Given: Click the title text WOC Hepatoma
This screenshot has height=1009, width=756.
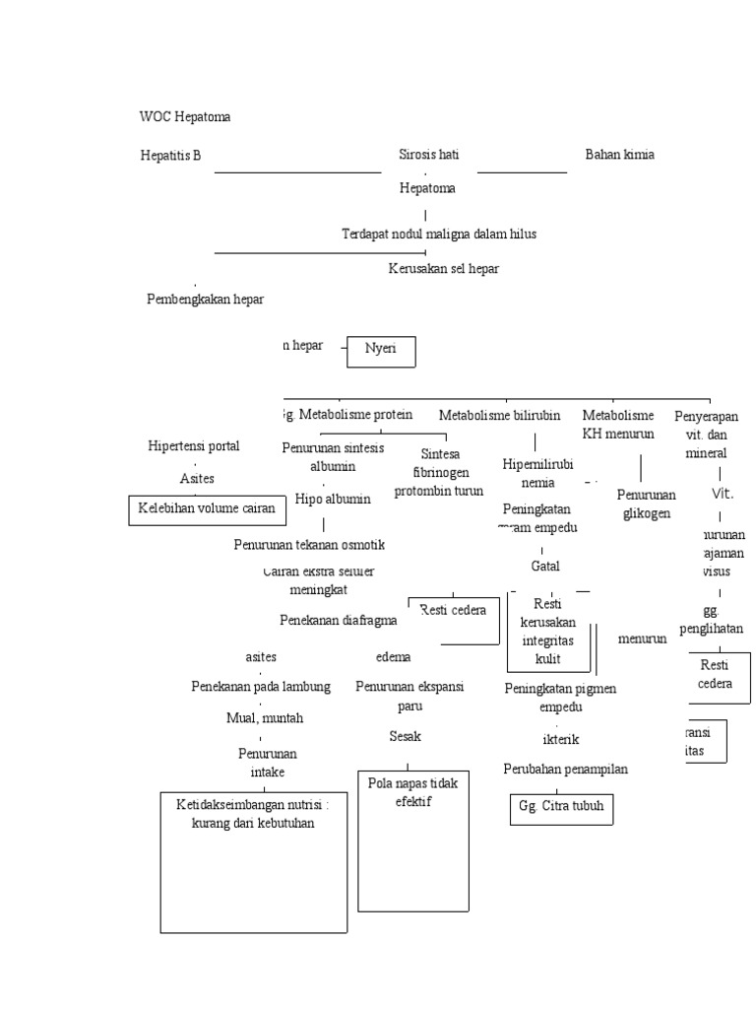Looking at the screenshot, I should point(185,117).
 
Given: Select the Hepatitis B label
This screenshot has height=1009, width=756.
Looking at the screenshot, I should point(170,155).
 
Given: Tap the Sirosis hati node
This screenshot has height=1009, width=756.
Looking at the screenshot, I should point(428,155).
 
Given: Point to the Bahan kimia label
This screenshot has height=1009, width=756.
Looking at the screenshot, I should point(619,155).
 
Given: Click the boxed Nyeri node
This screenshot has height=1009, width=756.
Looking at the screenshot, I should point(381,350).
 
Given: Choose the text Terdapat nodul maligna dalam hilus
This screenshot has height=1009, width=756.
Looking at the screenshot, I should point(438,235).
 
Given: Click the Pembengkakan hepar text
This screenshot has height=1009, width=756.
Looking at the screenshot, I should point(205,300).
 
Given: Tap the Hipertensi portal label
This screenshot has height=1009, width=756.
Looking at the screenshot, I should point(193,446).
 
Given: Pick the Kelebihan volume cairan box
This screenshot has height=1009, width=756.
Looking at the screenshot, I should point(207,510).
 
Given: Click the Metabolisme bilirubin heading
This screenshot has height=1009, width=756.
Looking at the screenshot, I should point(499,416).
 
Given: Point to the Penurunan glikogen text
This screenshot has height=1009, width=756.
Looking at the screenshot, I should point(646,504).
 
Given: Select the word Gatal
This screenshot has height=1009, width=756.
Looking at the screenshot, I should point(544,567).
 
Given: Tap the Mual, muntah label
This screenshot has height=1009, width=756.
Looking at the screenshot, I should point(265,717).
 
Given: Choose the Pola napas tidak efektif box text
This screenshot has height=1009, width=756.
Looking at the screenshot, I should point(408,791).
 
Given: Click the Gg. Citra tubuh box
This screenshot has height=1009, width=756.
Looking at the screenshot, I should point(561,808).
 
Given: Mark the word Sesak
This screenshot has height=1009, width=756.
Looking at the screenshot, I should point(405,736).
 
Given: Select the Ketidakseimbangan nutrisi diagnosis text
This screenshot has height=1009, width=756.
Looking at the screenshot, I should point(254,814).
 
